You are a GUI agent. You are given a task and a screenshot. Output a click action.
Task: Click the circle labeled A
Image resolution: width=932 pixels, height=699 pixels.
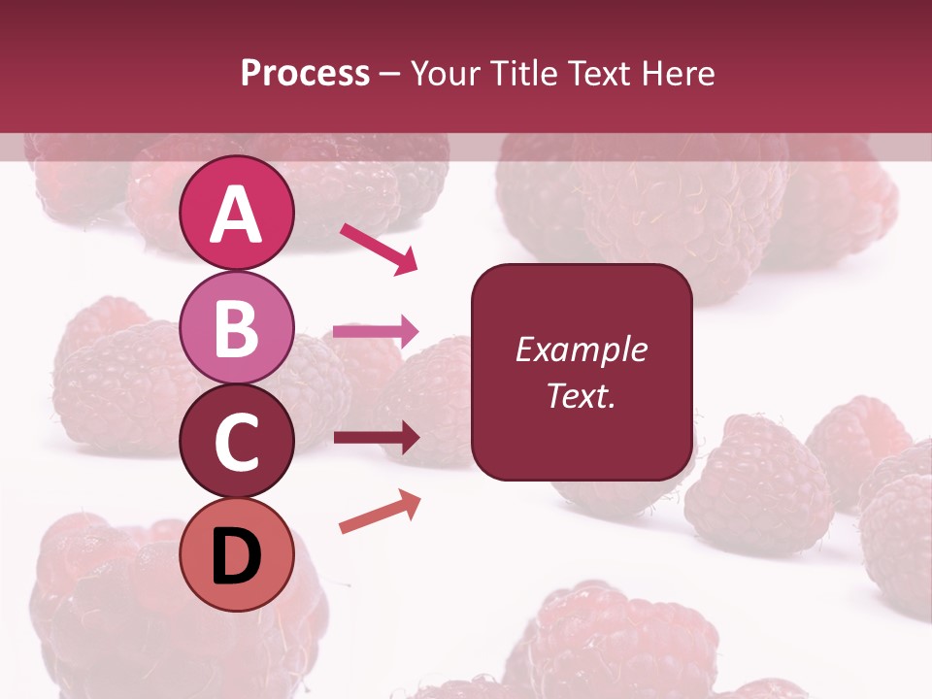237,213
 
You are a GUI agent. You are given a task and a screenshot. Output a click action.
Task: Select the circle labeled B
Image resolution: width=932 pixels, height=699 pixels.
237,327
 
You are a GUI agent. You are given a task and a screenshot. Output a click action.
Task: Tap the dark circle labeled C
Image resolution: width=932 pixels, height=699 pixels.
237,441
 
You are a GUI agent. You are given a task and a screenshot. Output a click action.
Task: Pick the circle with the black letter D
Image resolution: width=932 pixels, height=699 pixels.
237,554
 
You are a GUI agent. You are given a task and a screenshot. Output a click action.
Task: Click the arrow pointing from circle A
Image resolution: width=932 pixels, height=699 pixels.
379,249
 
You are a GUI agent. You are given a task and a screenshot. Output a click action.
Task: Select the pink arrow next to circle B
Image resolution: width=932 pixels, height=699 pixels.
376,331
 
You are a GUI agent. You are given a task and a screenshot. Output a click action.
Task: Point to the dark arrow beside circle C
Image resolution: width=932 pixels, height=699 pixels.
376,438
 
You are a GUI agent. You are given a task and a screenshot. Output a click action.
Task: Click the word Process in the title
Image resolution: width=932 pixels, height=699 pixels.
305,74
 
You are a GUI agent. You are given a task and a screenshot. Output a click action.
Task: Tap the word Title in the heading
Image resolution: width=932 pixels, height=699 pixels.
525,74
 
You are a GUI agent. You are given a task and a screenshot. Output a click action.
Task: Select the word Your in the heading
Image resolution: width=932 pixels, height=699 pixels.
448,74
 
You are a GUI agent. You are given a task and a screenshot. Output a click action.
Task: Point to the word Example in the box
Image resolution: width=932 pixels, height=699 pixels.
581,349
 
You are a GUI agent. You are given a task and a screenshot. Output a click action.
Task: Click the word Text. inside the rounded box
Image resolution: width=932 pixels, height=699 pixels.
581,395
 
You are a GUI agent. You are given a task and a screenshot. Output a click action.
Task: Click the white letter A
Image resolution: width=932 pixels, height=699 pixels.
237,215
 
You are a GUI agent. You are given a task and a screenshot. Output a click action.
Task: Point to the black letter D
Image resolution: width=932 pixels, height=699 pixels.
237,557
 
